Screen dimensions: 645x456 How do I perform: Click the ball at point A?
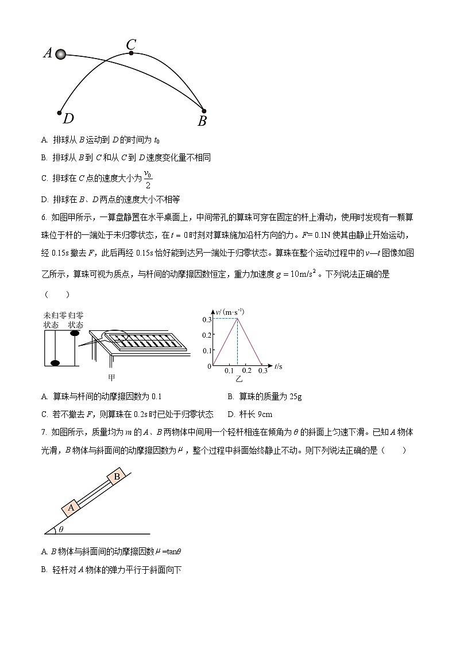point(60,54)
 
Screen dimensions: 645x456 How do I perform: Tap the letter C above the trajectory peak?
point(131,44)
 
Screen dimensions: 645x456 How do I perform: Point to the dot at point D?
point(59,113)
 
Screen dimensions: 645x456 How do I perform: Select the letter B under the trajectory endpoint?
point(202,121)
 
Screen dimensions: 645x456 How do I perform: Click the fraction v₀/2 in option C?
point(148,179)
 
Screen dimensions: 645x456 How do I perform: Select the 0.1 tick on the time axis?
point(229,371)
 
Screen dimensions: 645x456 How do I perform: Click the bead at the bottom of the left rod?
point(55,362)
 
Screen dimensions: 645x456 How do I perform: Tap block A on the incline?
point(72,507)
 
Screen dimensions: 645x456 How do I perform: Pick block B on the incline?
point(117,477)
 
